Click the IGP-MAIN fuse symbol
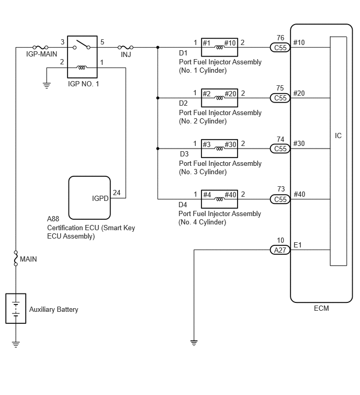(40, 47)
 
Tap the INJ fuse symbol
(126, 47)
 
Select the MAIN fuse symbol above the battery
(16, 258)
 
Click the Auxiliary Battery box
(16, 308)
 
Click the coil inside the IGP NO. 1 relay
(82, 67)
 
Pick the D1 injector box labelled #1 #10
(219, 47)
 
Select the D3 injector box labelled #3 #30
(219, 149)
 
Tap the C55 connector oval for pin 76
(280, 48)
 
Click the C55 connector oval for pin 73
(280, 199)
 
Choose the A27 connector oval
(280, 250)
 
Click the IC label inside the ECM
(338, 136)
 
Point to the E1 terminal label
(298, 245)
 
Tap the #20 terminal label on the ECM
(299, 93)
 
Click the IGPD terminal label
(100, 198)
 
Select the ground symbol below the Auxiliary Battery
(16, 344)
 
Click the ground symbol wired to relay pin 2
(47, 86)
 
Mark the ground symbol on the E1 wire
(194, 343)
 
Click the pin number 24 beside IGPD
(117, 193)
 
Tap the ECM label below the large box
(321, 308)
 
